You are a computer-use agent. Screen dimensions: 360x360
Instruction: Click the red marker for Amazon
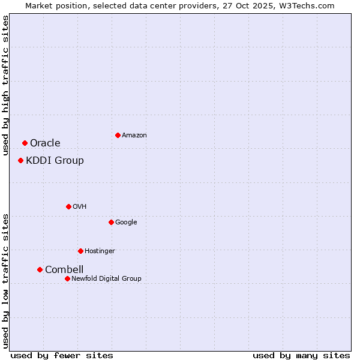(118, 135)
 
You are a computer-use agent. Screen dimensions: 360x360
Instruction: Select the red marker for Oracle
(25, 143)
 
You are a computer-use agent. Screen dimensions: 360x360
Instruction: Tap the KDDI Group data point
(20, 160)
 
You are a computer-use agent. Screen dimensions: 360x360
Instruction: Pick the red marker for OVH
(68, 206)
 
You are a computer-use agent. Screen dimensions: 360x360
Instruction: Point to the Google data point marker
(111, 222)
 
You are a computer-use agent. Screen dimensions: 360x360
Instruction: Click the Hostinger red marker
(80, 251)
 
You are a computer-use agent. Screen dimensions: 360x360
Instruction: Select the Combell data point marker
(40, 269)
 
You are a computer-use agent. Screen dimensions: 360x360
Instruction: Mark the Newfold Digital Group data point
(67, 278)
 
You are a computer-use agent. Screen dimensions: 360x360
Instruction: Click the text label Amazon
(134, 135)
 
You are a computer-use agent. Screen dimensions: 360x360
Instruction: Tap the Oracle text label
(45, 143)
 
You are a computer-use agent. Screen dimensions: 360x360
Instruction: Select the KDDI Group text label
(55, 160)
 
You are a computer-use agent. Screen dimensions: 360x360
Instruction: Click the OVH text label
(80, 206)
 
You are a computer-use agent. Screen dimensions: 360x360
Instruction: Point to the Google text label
(126, 222)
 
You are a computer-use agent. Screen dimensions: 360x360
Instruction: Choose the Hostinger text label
(100, 251)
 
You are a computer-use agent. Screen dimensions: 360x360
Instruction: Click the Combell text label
(64, 269)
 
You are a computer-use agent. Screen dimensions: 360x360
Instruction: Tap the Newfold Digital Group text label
(106, 278)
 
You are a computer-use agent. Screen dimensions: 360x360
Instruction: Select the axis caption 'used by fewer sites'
(62, 355)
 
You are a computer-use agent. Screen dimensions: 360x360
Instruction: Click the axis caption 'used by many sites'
(301, 355)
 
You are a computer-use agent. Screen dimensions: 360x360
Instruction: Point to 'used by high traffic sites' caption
(5, 85)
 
